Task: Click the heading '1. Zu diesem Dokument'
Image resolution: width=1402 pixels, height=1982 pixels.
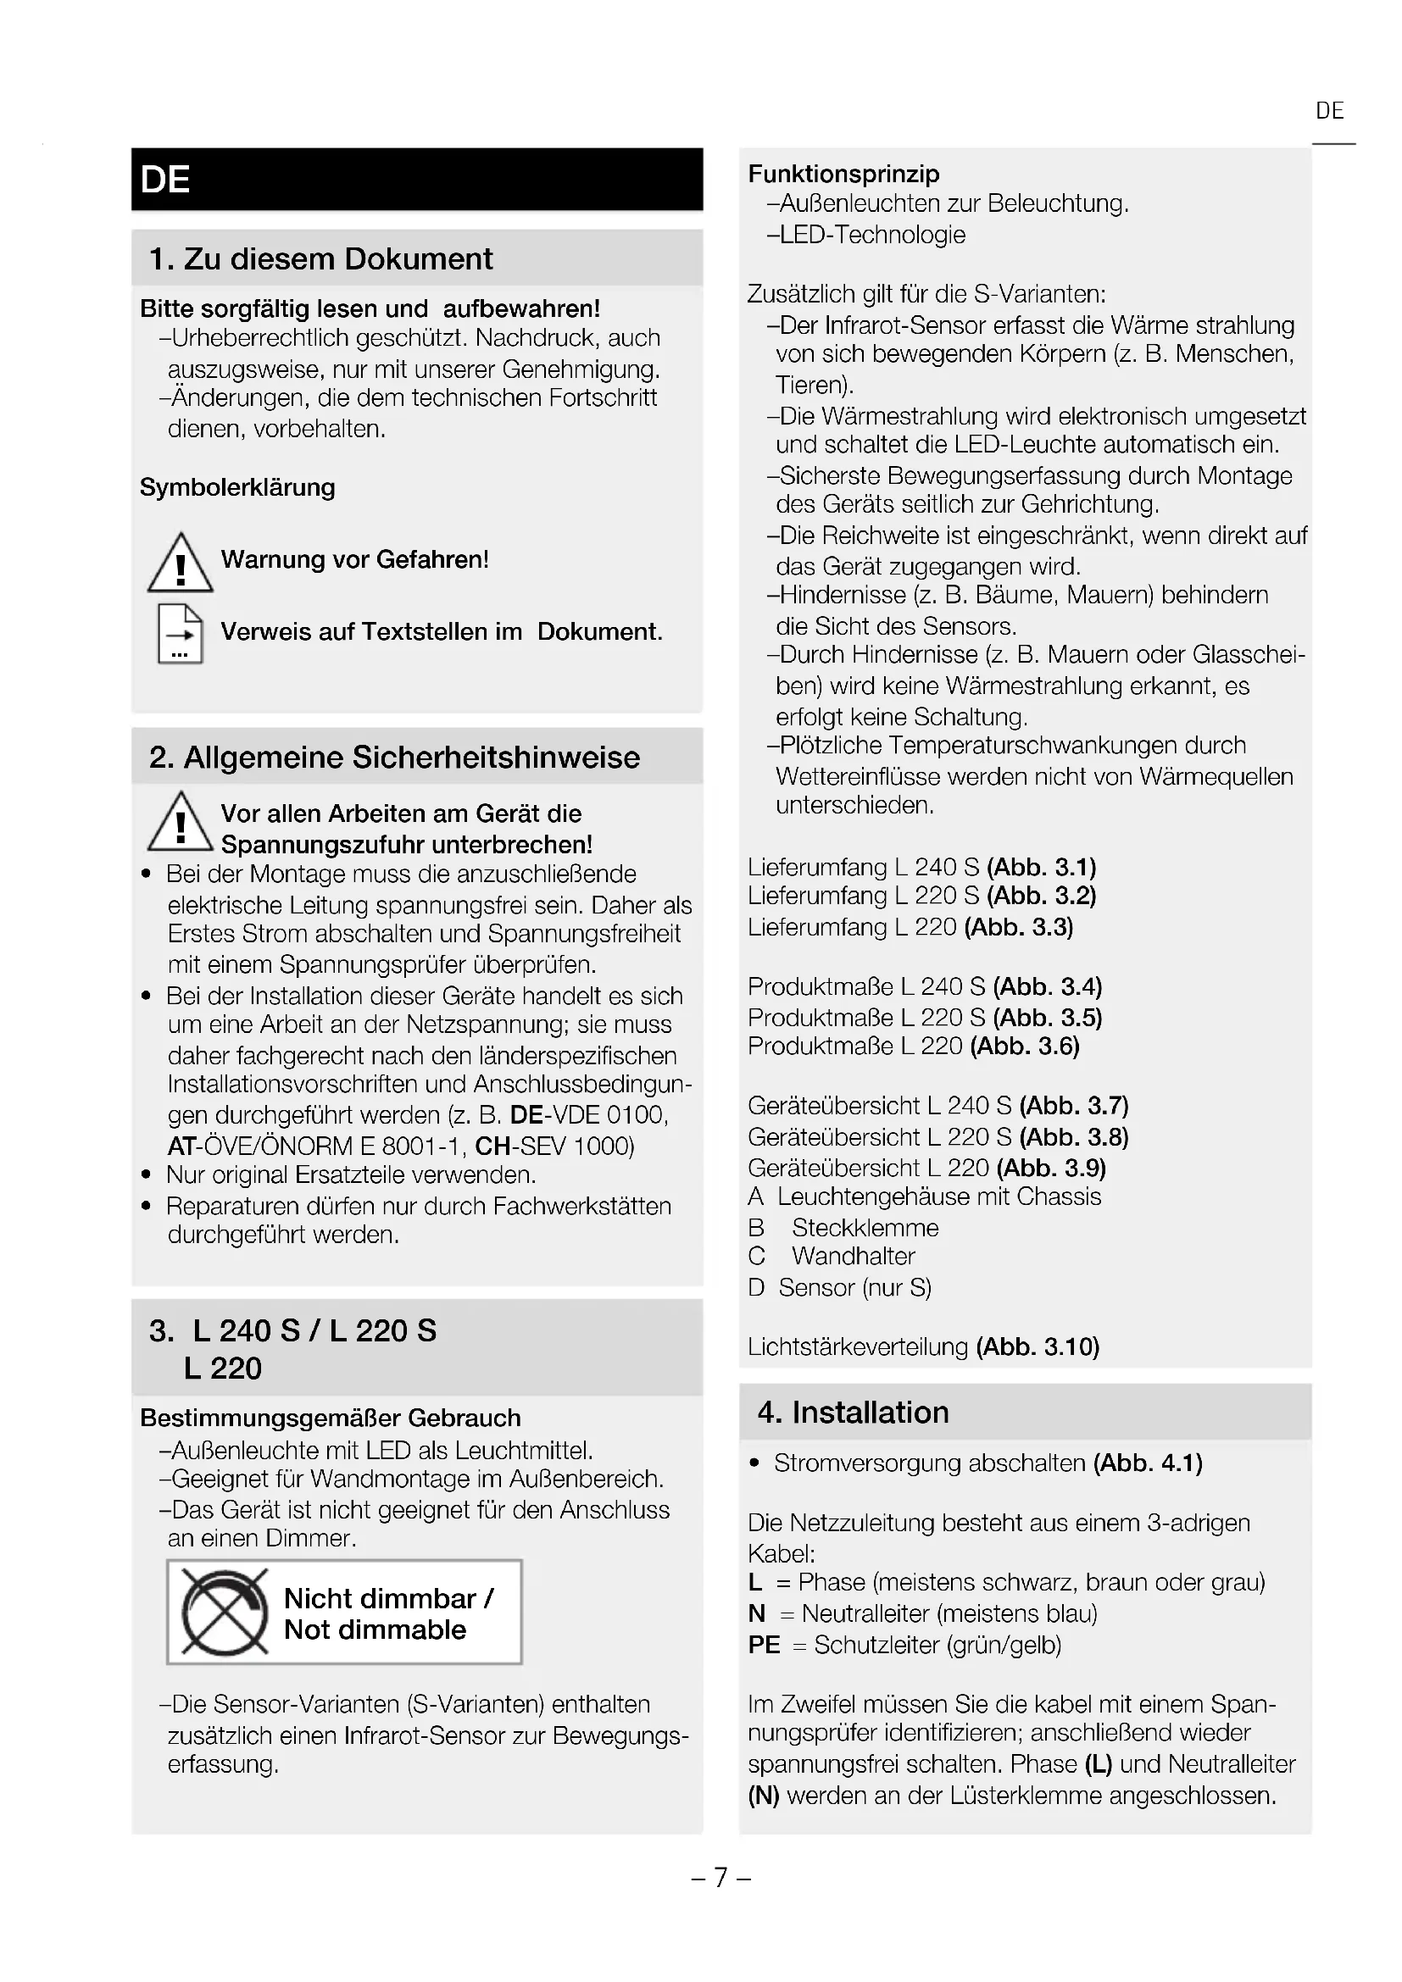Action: [x=320, y=259]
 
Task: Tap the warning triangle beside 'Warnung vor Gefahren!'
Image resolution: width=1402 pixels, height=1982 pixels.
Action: [x=181, y=563]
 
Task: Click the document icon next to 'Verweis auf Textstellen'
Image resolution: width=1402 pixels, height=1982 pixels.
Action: [x=181, y=634]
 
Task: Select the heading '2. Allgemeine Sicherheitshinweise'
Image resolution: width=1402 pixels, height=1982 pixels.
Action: [x=394, y=757]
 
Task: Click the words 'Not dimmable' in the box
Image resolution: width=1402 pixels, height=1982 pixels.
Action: [x=375, y=1629]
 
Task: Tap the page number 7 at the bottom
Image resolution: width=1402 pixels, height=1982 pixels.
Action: [x=720, y=1877]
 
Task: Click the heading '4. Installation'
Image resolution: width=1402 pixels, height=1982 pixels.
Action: [x=853, y=1413]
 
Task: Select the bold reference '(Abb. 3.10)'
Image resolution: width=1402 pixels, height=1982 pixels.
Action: [x=1038, y=1346]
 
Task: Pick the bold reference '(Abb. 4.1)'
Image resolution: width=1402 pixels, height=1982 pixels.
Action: [x=1148, y=1463]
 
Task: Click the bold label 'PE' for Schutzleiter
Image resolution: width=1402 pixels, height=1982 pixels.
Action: [x=764, y=1645]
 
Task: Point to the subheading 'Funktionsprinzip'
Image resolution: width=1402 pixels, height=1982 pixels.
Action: [x=843, y=174]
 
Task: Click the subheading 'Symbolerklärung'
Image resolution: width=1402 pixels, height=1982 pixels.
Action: [x=237, y=487]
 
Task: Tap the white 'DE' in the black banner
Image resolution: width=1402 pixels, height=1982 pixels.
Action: [x=165, y=180]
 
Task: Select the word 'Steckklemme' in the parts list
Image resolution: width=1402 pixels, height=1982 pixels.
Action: [x=865, y=1228]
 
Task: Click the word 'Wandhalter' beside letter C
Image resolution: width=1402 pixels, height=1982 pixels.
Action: [x=853, y=1256]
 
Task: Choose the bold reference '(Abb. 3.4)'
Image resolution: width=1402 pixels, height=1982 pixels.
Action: [x=1047, y=986]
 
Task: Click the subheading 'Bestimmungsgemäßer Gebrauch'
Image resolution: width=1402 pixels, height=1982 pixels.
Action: [x=331, y=1418]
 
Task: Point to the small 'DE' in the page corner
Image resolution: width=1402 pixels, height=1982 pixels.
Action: [x=1329, y=111]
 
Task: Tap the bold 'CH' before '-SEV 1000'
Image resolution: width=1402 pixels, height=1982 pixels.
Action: [x=492, y=1146]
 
